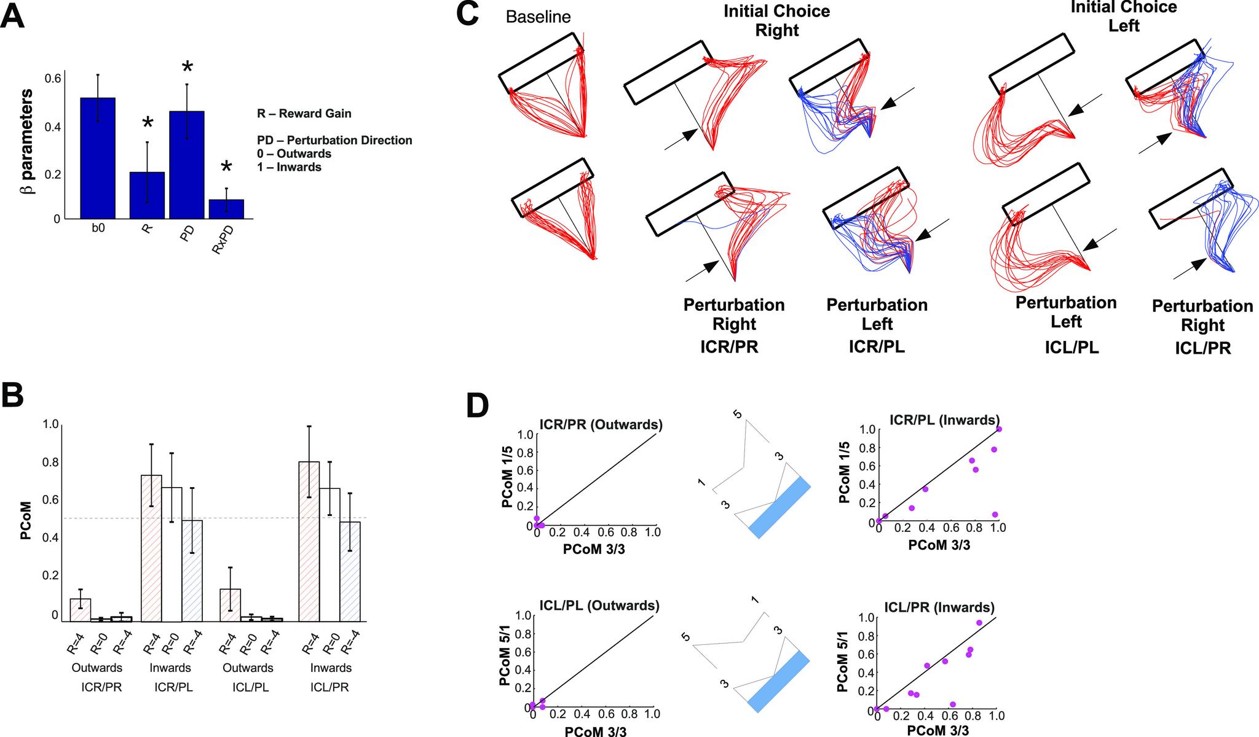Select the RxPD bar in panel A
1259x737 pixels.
226,209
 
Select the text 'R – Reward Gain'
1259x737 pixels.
304,114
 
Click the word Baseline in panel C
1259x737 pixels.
538,17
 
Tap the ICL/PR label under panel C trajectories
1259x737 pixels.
1202,348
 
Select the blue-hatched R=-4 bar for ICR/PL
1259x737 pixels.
192,571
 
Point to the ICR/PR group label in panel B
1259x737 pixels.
101,687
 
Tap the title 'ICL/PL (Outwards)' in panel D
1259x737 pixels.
598,606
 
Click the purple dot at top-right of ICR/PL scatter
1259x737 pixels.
999,429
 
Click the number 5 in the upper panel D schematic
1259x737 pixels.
738,415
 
